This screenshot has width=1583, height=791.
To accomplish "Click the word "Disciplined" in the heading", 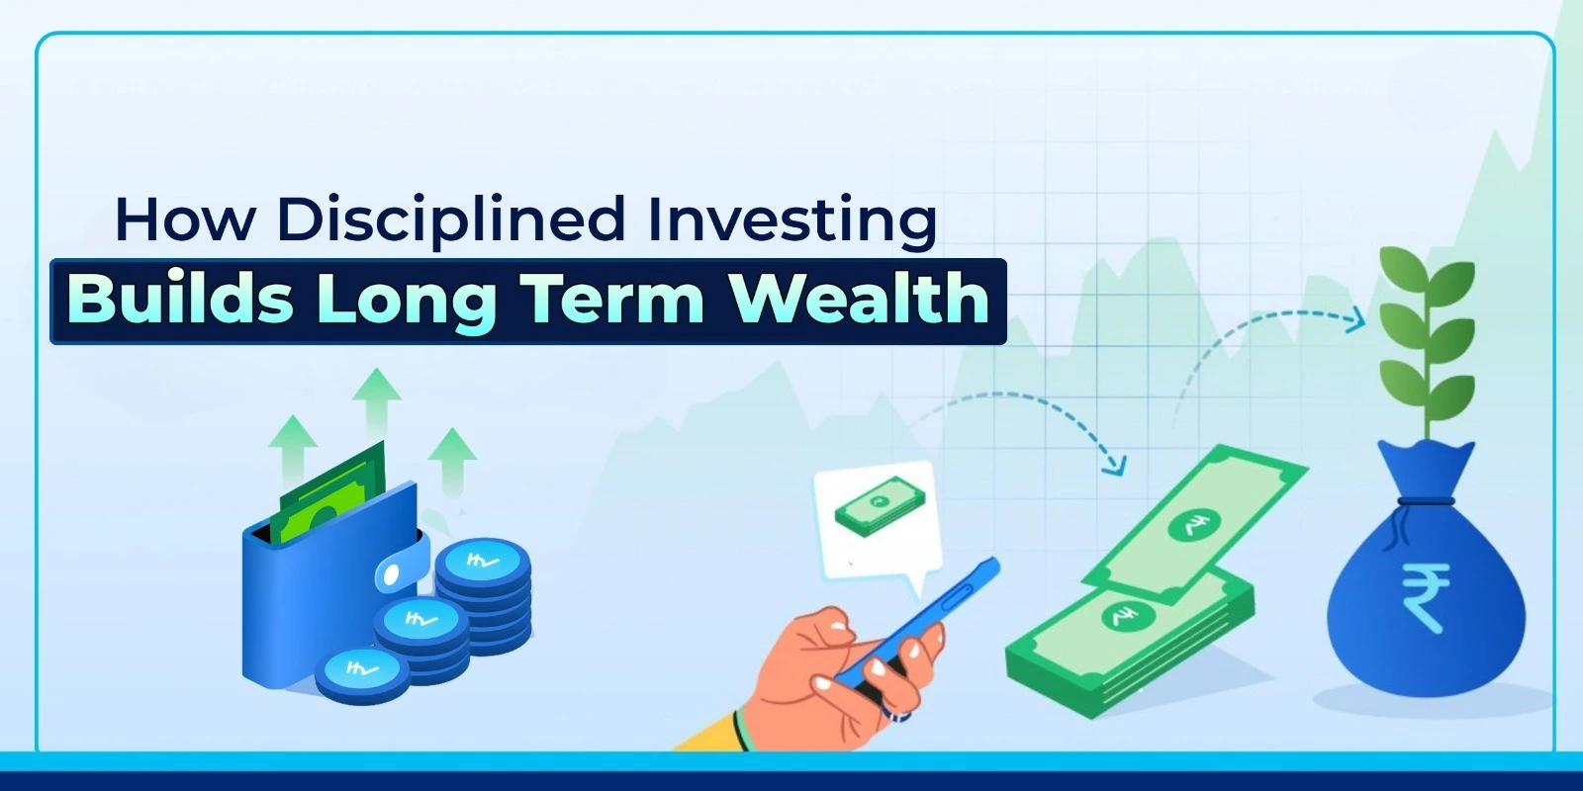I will [x=450, y=219].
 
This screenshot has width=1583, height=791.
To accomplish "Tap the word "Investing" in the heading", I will [x=791, y=219].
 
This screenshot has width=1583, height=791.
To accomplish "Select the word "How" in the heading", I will [x=185, y=219].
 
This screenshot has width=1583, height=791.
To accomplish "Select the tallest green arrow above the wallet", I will [x=377, y=400].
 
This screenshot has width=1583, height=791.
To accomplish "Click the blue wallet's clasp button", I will [x=393, y=573].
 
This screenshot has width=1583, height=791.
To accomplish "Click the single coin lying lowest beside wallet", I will [x=361, y=671].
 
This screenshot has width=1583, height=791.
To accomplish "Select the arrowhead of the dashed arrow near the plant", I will [x=1356, y=319].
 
